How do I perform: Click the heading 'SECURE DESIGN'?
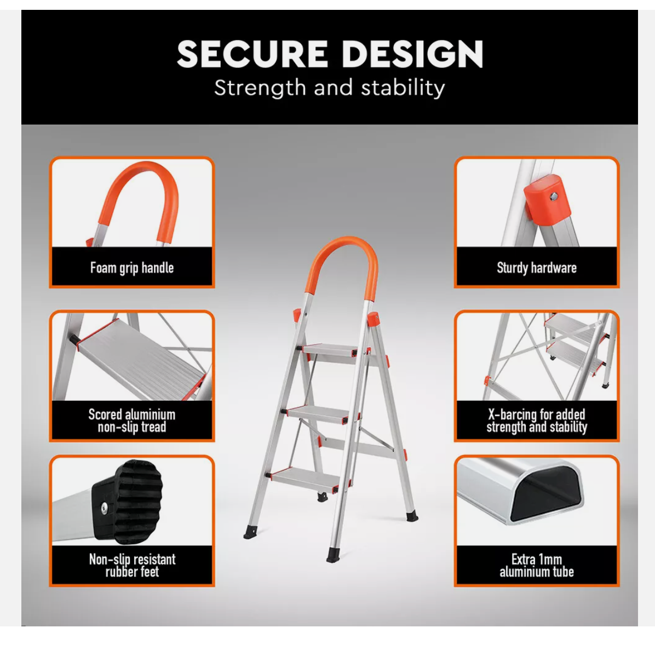tap(330, 54)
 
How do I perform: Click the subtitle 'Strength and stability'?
tap(330, 88)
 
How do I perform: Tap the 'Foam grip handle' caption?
tap(132, 268)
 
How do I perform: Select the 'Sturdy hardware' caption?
tap(536, 268)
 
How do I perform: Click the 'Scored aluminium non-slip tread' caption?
tap(132, 421)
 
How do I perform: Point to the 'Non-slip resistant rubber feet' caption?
tap(132, 566)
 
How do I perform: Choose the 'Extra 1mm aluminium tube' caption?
tap(536, 566)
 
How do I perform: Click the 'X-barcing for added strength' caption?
tap(536, 421)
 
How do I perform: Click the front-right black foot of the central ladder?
tap(333, 555)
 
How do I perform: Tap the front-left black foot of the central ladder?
tap(251, 532)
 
